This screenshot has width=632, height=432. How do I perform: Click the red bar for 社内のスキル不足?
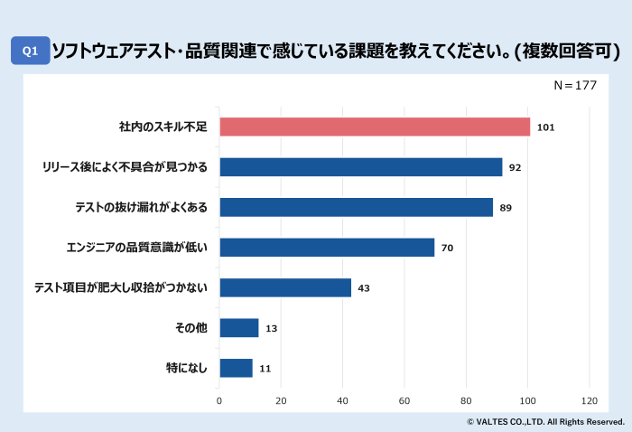tap(375, 127)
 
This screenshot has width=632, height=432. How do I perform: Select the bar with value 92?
tap(361, 167)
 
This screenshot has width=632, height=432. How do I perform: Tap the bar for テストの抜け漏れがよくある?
tap(357, 207)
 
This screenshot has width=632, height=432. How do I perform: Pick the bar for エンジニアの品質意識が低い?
tap(327, 248)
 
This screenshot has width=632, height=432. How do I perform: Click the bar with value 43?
tap(285, 287)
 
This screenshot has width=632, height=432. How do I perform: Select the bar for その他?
tap(239, 327)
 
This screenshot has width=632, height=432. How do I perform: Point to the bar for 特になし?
tap(237, 368)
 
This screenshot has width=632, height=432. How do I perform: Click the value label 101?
tap(545, 127)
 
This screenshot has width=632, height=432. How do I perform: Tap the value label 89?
tap(506, 208)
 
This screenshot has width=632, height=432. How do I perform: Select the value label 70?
tap(447, 248)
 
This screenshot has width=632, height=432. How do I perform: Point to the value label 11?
tap(265, 368)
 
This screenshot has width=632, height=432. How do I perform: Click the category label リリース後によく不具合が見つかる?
tap(125, 167)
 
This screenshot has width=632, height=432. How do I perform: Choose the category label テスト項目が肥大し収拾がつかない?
tap(121, 287)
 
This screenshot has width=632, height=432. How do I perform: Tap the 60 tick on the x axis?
tap(404, 400)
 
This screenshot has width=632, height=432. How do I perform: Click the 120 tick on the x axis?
tap(590, 400)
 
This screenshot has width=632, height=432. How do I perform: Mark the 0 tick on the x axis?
tap(219, 400)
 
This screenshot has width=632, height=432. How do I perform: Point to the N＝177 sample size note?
tap(575, 85)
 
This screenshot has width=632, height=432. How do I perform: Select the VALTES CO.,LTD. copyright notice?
tap(545, 422)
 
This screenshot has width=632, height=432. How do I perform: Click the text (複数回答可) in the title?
tap(566, 51)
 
